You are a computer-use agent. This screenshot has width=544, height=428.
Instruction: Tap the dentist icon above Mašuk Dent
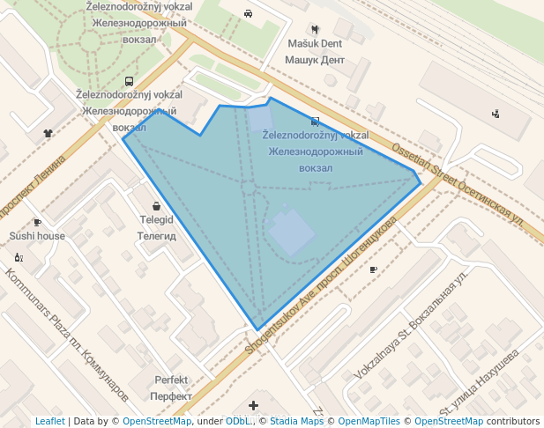(315, 28)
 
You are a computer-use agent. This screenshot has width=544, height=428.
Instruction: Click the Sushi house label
(37, 236)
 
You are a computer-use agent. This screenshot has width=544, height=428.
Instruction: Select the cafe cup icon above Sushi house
(37, 222)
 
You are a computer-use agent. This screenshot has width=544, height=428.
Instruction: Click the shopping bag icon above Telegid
(156, 205)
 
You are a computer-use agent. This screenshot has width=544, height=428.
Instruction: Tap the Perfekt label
(171, 380)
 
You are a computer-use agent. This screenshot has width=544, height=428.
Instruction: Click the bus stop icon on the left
(130, 81)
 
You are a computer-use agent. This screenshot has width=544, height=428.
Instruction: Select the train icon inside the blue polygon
(316, 121)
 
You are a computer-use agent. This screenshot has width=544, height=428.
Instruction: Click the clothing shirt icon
(48, 134)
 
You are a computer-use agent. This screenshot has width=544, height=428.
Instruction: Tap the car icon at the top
(249, 13)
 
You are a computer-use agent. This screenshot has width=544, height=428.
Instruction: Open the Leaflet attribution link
(49, 422)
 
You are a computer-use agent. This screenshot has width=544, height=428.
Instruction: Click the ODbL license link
(238, 422)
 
